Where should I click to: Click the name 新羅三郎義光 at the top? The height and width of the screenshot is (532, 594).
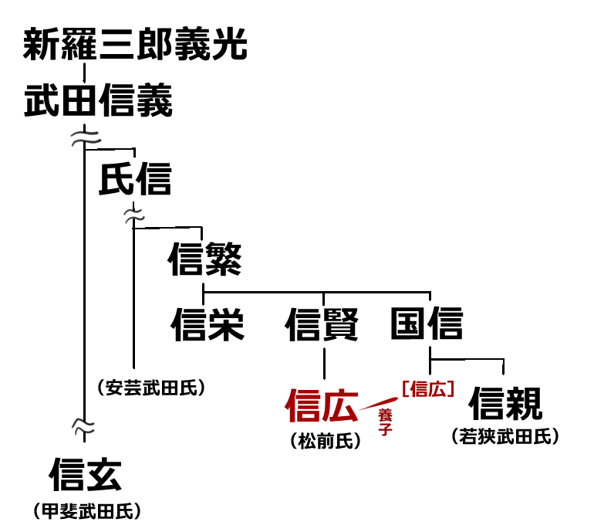point(135,46)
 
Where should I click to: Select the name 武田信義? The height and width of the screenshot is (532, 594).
point(98,101)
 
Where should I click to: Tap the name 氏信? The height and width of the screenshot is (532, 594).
point(135,180)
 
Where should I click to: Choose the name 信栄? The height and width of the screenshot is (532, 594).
point(208,324)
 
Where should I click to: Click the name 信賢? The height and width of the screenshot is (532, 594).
point(322,324)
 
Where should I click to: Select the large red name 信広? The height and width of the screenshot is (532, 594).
point(322,405)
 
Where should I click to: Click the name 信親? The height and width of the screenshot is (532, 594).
point(506,402)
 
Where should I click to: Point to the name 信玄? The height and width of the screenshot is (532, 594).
point(86,473)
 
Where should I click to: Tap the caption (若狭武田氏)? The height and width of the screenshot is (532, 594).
point(505,436)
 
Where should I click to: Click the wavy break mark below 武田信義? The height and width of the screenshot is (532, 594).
point(83,138)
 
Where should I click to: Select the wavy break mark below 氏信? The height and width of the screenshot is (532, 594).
point(134,217)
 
